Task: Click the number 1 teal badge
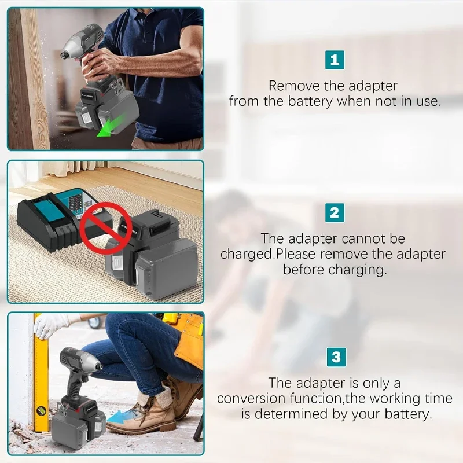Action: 334,60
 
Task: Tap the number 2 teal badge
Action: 334,213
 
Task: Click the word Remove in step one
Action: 294,86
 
